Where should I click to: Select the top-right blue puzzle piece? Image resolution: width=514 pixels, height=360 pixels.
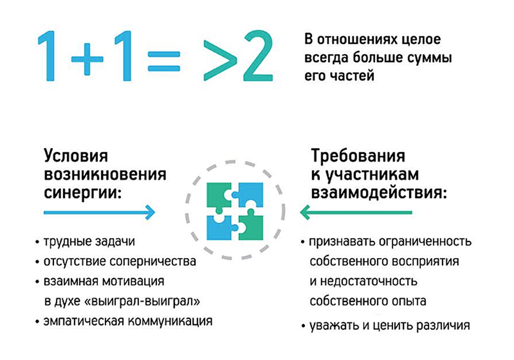click(250, 192)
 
